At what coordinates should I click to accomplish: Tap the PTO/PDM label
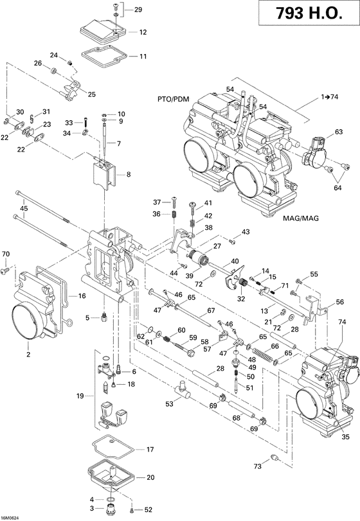(172, 100)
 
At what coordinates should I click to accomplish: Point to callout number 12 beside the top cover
(142, 31)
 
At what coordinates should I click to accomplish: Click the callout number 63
(337, 132)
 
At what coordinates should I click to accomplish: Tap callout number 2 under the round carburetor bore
(28, 353)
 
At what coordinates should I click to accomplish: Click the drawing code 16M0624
(11, 515)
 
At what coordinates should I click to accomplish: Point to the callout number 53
(168, 405)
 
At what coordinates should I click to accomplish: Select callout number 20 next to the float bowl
(150, 477)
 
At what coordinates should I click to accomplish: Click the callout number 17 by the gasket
(150, 449)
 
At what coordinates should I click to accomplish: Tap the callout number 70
(6, 255)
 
